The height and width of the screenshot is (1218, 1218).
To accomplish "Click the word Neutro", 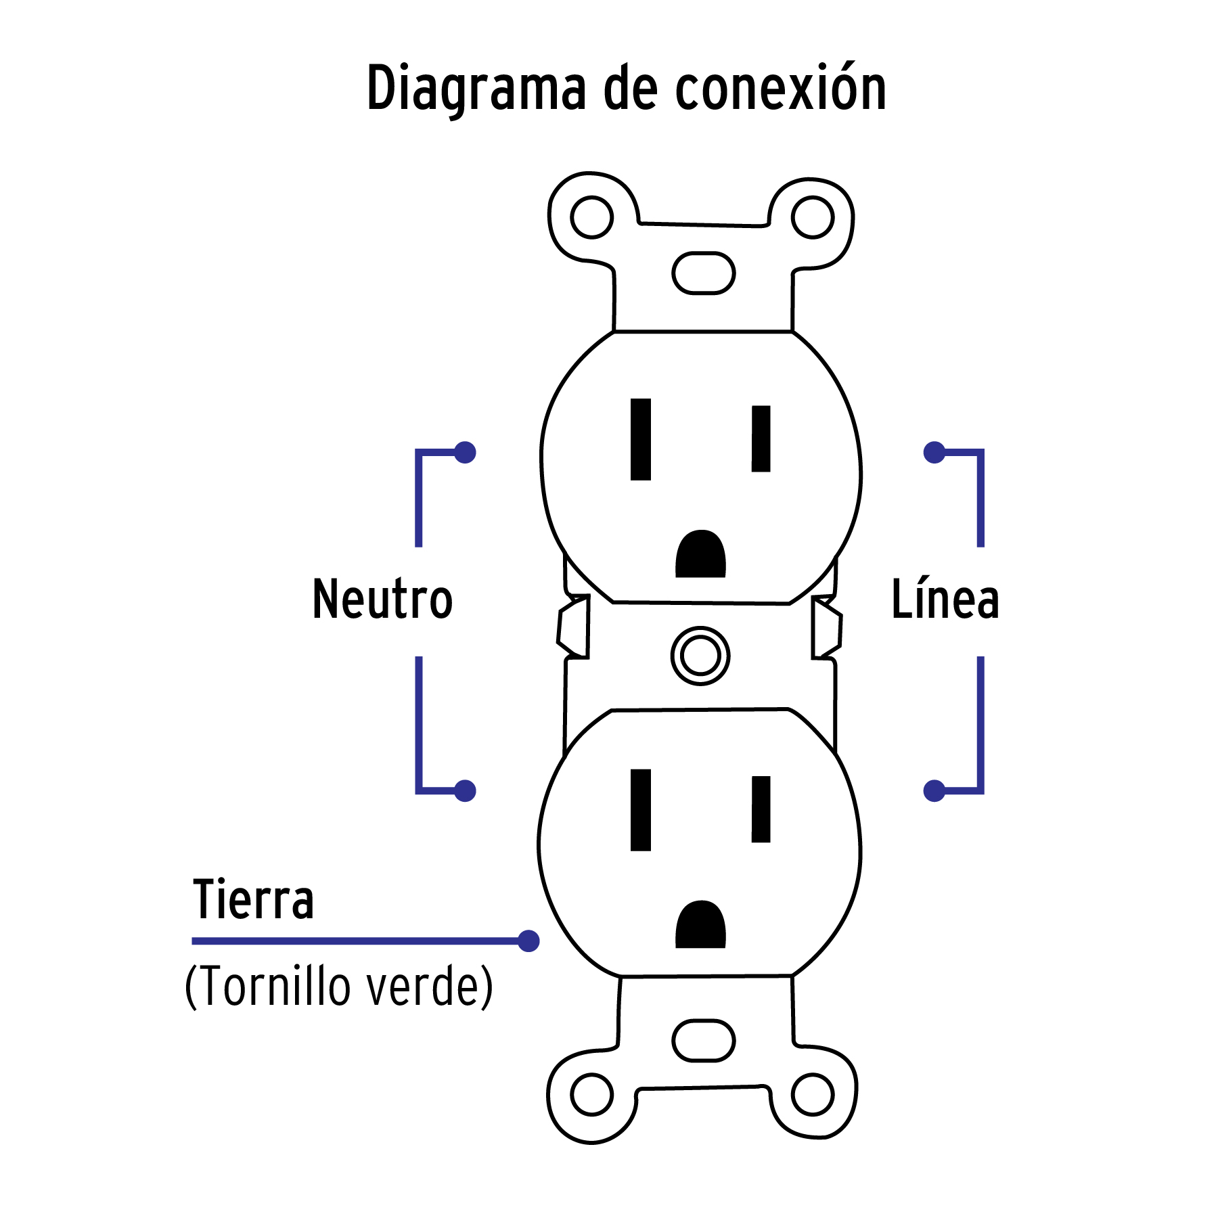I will click(382, 600).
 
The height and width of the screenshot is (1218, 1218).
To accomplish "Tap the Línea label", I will click(945, 600).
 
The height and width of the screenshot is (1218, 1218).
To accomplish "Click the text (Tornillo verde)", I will click(338, 987).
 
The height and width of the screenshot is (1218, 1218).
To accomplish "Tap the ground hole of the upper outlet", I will click(700, 555).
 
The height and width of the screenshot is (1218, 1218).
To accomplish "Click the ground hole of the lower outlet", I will click(700, 925).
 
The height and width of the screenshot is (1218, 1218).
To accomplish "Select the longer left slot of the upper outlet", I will click(640, 439).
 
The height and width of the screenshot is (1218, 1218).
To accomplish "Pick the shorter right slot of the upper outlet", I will click(761, 438).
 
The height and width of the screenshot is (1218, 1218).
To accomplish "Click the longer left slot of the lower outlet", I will click(640, 809).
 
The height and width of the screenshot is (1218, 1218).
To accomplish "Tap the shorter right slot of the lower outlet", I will click(761, 809).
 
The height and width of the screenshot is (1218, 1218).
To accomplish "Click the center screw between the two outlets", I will click(700, 656).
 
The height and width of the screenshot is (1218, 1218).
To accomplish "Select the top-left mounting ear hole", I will click(591, 217).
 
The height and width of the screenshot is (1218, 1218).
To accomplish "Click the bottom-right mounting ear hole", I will click(812, 1094).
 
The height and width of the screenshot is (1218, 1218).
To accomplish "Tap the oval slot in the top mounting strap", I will click(703, 273).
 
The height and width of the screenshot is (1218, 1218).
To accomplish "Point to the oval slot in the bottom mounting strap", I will click(703, 1041).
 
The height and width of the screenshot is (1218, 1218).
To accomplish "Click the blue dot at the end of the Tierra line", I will click(528, 941).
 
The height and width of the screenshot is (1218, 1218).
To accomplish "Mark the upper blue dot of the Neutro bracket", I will click(465, 452).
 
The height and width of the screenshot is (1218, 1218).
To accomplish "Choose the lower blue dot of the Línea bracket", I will click(934, 790).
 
